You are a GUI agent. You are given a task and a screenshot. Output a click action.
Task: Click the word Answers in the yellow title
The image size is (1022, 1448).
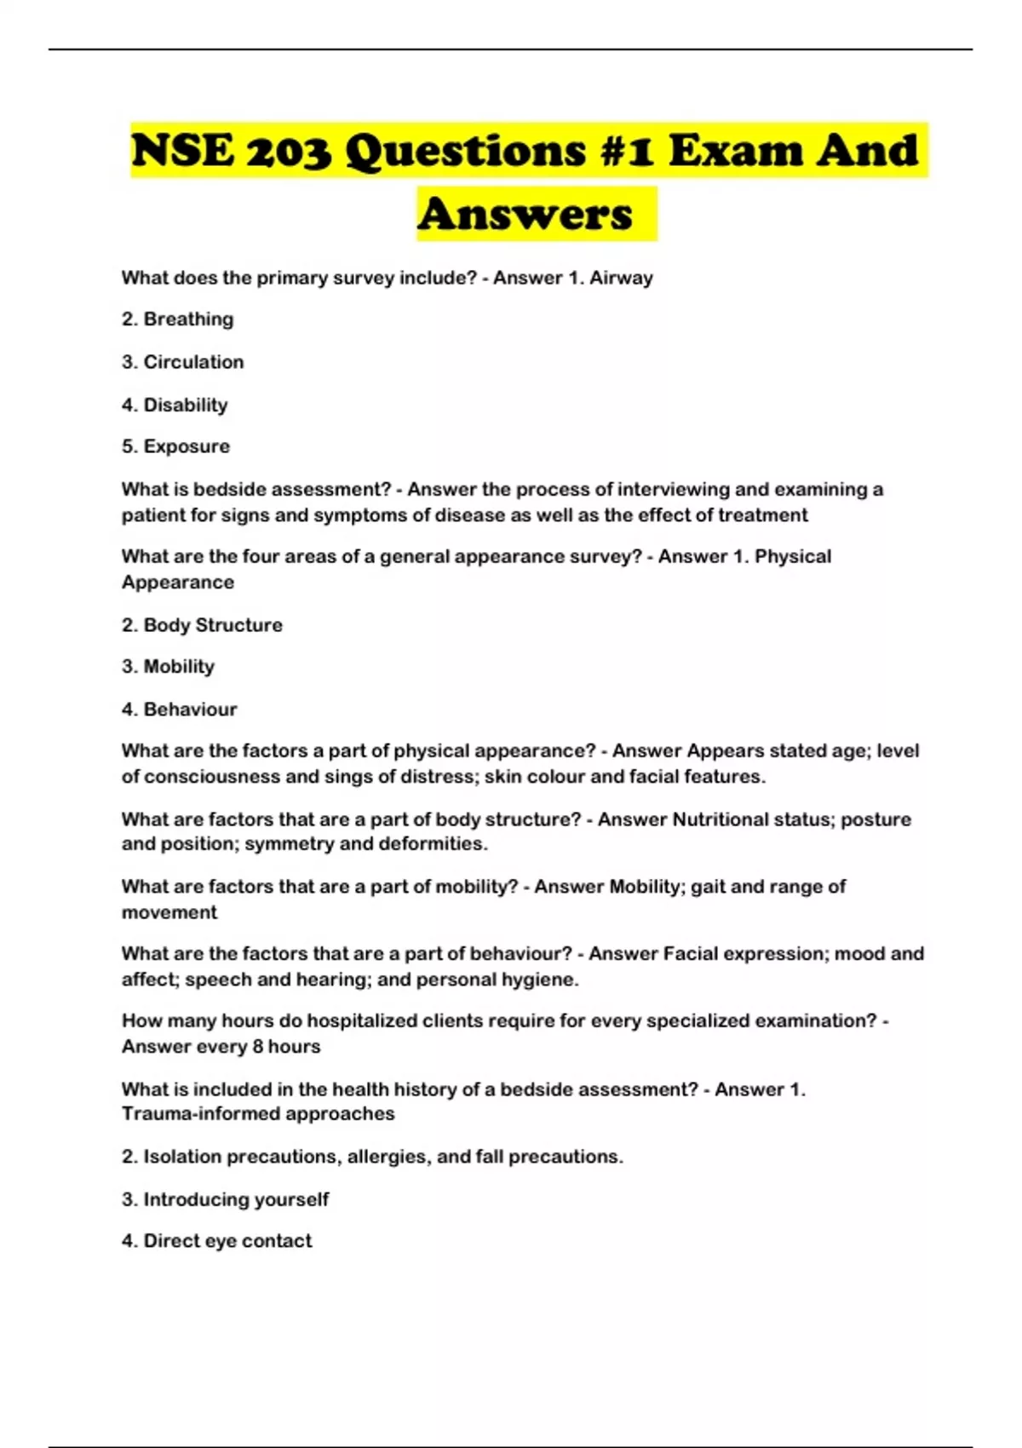pyautogui.click(x=525, y=214)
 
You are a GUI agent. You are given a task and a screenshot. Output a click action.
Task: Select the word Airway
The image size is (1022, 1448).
pyautogui.click(x=621, y=278)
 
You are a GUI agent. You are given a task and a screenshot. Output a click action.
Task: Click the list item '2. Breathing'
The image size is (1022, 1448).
pyautogui.click(x=177, y=319)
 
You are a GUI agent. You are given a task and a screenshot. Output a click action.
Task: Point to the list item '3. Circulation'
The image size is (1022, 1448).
pyautogui.click(x=182, y=362)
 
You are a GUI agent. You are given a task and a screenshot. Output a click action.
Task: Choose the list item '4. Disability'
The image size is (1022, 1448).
pyautogui.click(x=175, y=405)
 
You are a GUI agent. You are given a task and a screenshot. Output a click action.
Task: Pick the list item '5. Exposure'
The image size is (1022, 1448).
pyautogui.click(x=175, y=446)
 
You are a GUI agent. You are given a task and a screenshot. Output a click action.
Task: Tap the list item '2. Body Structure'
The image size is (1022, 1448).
pyautogui.click(x=202, y=625)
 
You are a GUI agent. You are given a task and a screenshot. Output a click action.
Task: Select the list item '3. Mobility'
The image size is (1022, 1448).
pyautogui.click(x=168, y=666)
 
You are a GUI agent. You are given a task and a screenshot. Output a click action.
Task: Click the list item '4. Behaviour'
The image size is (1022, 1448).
pyautogui.click(x=179, y=710)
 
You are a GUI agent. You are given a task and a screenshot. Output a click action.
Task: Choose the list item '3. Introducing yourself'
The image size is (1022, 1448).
pyautogui.click(x=225, y=1199)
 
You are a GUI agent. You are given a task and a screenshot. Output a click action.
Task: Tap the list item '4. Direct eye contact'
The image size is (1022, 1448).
pyautogui.click(x=216, y=1241)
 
